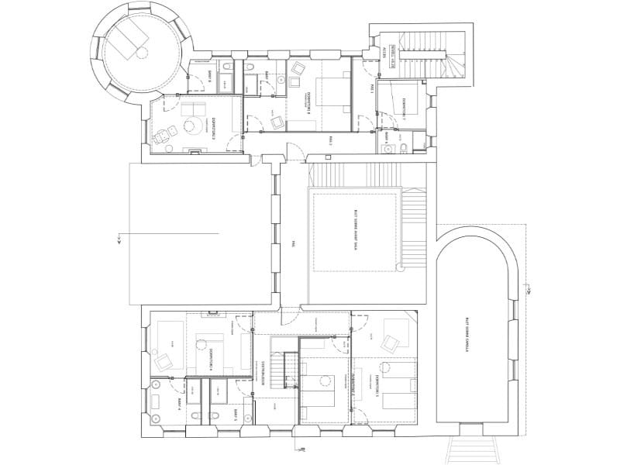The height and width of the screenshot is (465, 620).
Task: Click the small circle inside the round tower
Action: pyautogui.click(x=143, y=53)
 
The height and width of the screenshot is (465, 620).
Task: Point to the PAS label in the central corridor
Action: pyautogui.click(x=293, y=242)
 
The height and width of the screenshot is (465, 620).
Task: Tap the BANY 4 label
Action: pyautogui.click(x=177, y=402)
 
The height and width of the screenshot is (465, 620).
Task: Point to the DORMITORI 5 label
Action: pyautogui.click(x=377, y=385)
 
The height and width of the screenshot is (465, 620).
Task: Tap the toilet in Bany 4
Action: pyautogui.click(x=158, y=401)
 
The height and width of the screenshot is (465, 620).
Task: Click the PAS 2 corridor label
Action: pyautogui.click(x=330, y=139)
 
